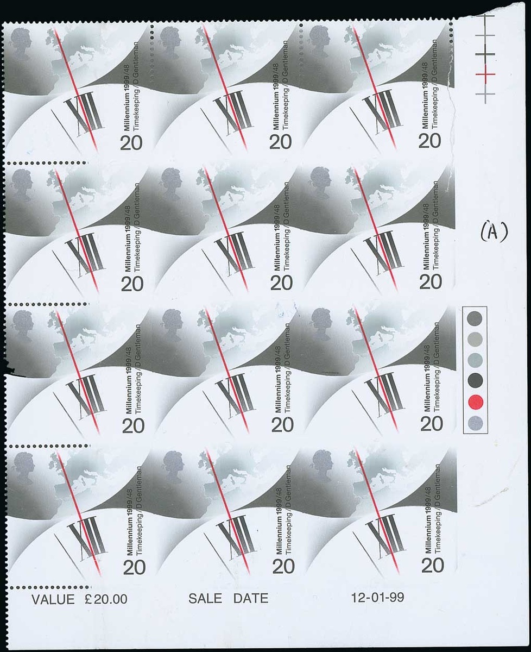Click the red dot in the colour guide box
pos(476,402)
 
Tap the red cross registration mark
pos(485,74)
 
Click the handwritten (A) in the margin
pos(494,232)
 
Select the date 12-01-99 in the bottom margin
pos(377,597)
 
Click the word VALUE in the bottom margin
pos(53,599)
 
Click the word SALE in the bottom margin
pos(205,598)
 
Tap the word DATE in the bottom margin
pos(251,598)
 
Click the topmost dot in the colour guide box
pos(475,318)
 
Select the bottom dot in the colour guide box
pos(476,424)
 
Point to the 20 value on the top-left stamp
pos(131,143)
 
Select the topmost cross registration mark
pos(485,16)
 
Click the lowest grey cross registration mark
pos(485,93)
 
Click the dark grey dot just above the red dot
pos(475,381)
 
